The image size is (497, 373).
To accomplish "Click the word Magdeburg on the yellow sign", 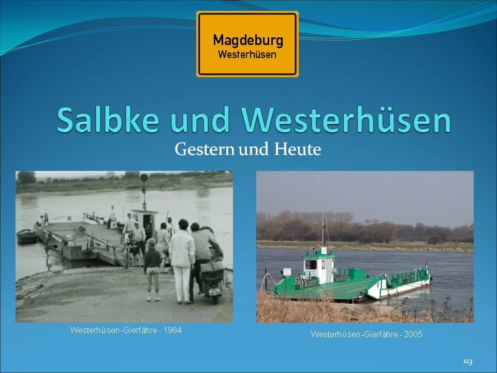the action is point(248,41).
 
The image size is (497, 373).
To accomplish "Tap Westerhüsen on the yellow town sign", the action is point(247,54).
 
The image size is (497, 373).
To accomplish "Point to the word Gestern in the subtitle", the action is point(204,149).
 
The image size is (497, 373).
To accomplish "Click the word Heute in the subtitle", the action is point(297,149).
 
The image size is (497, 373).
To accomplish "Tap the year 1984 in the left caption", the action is point(173,330).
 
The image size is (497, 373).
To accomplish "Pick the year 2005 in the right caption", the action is point(413,334).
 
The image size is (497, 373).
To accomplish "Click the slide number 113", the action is point(467,362).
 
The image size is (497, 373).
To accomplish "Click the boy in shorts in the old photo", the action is point(152,269).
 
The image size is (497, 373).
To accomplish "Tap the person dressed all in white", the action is point(182,261).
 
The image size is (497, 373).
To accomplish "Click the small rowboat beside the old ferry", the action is point(26,236).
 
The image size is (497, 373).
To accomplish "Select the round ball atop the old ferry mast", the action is point(144,177).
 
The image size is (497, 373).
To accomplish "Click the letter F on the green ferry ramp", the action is point(378,285).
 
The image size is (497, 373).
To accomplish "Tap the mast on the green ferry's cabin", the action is point(323,229).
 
